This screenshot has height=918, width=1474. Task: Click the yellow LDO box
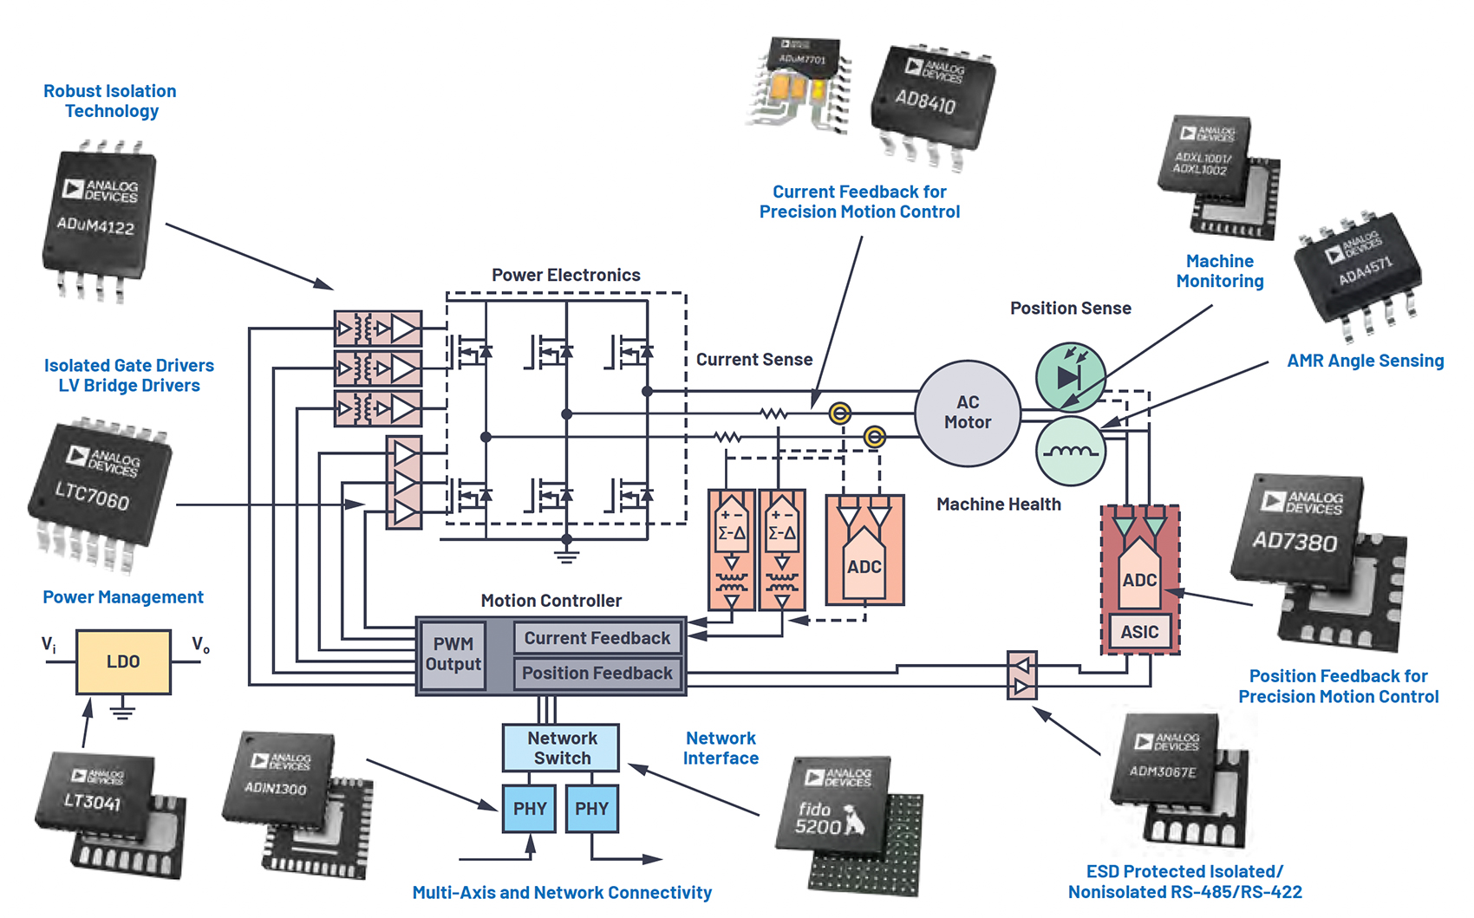(x=123, y=662)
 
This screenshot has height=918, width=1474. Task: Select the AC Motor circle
(x=968, y=413)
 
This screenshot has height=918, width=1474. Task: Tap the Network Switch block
(x=561, y=747)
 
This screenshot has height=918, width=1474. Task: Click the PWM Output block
(x=453, y=654)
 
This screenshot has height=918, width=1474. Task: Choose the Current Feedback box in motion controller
(x=597, y=638)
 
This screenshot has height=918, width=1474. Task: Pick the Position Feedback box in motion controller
(x=597, y=674)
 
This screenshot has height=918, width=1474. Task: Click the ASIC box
(x=1138, y=632)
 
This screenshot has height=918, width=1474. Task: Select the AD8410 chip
(x=930, y=97)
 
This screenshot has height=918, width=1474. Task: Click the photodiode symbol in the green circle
(x=1070, y=376)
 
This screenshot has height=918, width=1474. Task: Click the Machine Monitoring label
(x=1219, y=271)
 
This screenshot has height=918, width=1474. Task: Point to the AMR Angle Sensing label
(x=1365, y=361)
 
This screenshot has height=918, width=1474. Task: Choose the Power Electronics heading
(x=565, y=275)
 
